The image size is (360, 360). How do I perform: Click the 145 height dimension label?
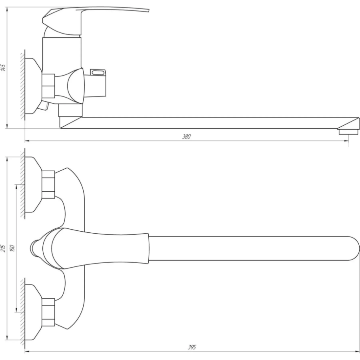pyautogui.click(x=3, y=68)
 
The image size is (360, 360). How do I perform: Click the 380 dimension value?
pyautogui.click(x=186, y=136)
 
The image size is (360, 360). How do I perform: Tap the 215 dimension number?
pyautogui.click(x=3, y=248)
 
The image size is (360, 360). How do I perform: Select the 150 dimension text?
pyautogui.click(x=12, y=248)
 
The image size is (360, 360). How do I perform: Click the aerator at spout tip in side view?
pyautogui.click(x=348, y=132)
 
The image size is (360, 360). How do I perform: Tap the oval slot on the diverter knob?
pyautogui.click(x=98, y=73)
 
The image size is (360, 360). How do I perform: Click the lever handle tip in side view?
pyautogui.click(x=148, y=10)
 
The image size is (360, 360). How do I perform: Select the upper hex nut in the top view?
pyautogui.click(x=48, y=184)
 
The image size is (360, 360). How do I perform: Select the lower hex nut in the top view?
pyautogui.click(x=48, y=312)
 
